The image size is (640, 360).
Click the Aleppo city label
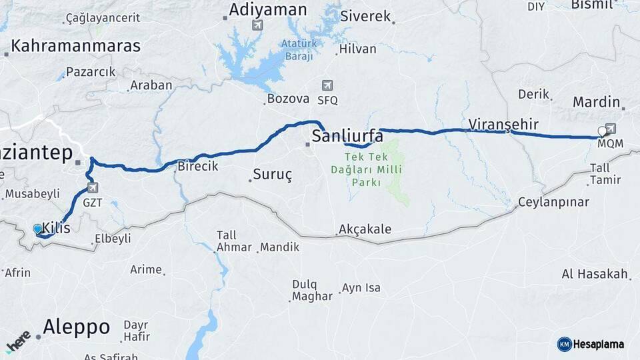tap(76, 327)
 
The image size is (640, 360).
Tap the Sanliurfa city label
tap(347, 137)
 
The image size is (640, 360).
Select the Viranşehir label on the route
tap(503, 125)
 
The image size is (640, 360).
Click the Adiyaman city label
tap(267, 10)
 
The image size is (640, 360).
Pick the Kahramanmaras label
tap(76, 46)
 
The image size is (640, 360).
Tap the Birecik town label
tap(198, 167)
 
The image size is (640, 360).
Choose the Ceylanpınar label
tap(554, 202)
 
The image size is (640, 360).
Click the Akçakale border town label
tap(365, 230)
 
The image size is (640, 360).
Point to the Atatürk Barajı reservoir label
tap(297, 51)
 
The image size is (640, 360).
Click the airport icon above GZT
tap(92, 188)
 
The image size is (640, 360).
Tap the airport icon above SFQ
tap(327, 85)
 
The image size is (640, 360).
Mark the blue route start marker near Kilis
tap(37, 229)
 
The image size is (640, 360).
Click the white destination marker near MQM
tap(603, 131)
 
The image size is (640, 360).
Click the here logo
tap(18, 342)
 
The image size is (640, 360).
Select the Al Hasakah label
tap(595, 274)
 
